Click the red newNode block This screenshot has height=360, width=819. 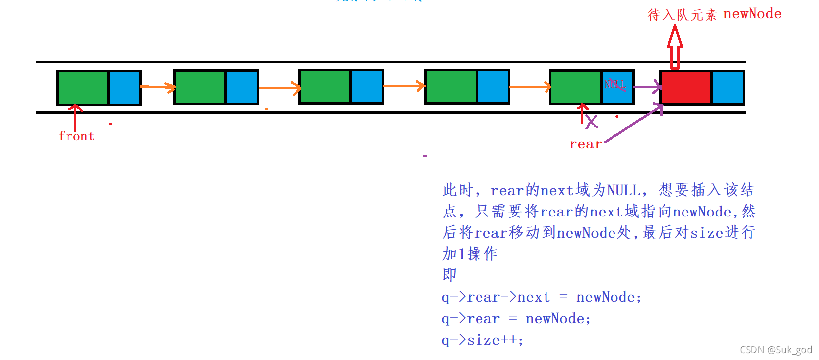coord(685,87)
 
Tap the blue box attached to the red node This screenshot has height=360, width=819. coord(727,87)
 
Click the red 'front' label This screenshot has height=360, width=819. coord(76,136)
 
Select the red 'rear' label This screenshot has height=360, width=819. coord(585,144)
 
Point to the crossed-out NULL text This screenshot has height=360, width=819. coord(615,84)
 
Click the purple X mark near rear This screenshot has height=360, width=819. coord(591,121)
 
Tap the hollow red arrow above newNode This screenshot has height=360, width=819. coord(675,47)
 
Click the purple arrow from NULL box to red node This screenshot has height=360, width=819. coord(647,87)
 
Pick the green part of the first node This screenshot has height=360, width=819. coord(83,88)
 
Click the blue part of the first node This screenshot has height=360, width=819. coord(124,88)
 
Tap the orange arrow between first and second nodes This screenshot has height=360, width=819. coord(158,87)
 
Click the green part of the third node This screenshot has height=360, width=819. coord(325,86)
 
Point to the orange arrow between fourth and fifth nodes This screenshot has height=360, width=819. coord(530,87)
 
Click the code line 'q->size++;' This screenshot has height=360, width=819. coord(482,340)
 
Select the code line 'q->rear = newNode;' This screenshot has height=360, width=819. coord(516,319)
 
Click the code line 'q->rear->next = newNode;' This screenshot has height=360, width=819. coord(542,297)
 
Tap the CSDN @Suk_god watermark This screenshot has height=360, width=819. coord(775,350)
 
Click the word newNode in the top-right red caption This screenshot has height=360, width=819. coord(752,14)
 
